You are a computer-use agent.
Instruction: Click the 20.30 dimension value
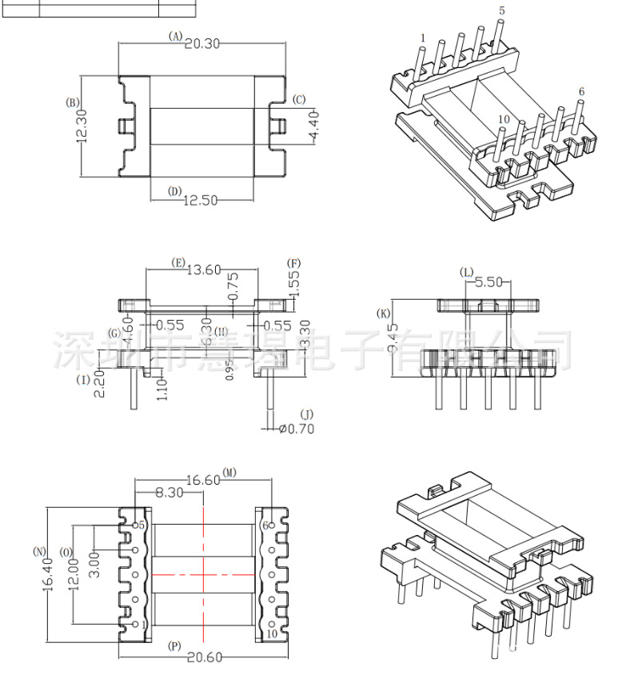[x=202, y=43]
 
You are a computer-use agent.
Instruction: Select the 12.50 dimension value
[x=200, y=200]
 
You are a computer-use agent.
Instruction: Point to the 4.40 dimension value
[x=313, y=126]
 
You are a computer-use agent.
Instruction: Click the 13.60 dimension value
[x=203, y=270]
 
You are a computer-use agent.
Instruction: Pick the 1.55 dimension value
[x=294, y=285]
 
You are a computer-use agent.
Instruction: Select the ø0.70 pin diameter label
[x=297, y=429]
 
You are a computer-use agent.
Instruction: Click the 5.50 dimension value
[x=488, y=282]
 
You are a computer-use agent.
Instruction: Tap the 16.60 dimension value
[x=203, y=480]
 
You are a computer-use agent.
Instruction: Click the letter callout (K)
[x=385, y=313]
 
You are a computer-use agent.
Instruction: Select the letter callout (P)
[x=174, y=645]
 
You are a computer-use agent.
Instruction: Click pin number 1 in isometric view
[x=422, y=38]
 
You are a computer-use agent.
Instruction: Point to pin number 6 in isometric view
[x=581, y=92]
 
